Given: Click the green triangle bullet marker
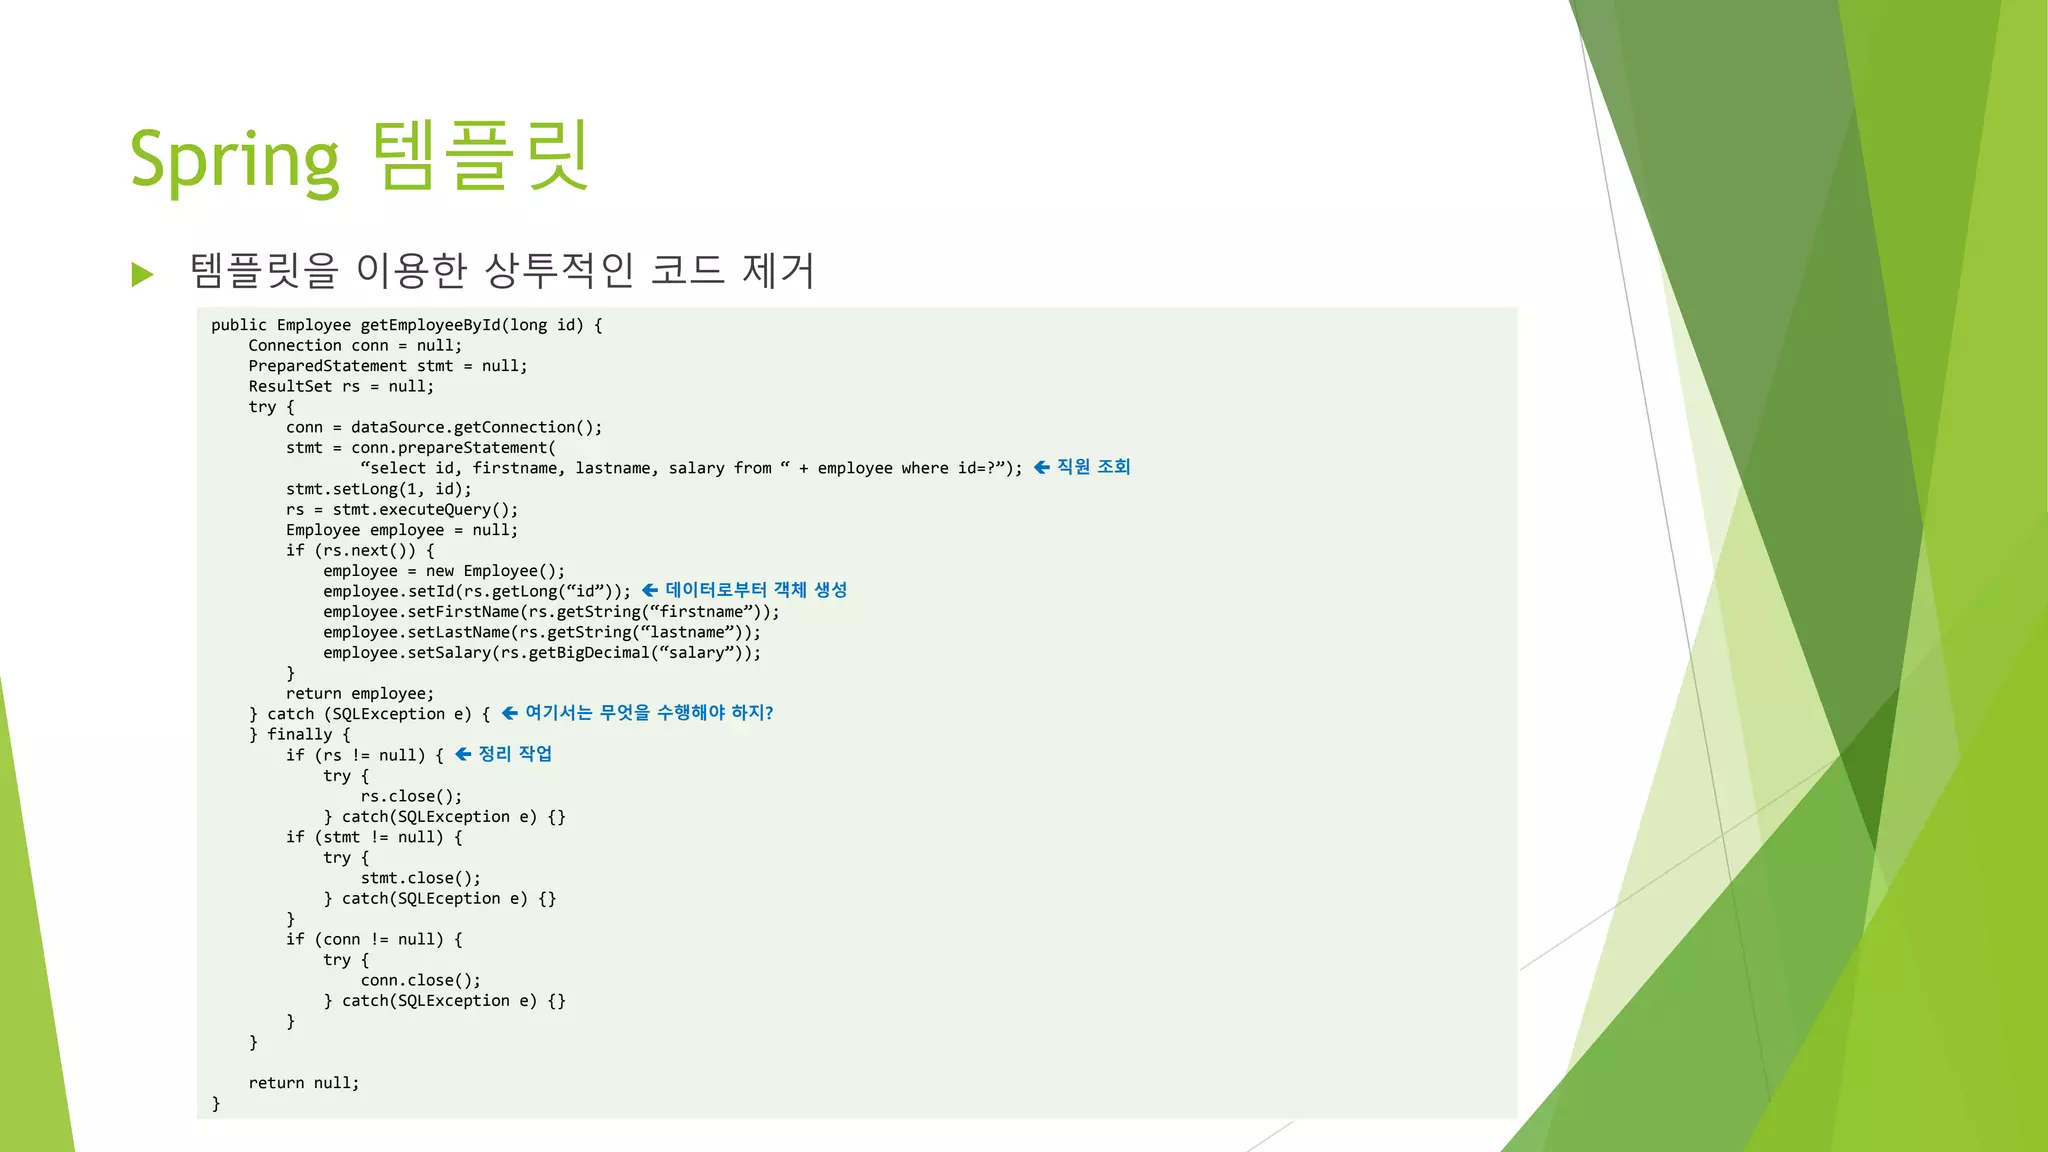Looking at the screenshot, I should point(143,274).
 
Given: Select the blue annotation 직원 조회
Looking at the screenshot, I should point(1093,467).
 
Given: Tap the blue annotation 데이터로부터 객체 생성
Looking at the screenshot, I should point(756,590).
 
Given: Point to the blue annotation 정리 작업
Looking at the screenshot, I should point(515,754).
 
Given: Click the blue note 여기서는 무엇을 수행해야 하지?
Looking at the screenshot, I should point(649,713).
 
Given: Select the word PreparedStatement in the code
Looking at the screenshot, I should point(327,366).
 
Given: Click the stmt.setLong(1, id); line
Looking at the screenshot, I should point(378,489).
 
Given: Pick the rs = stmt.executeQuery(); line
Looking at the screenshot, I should point(401,509).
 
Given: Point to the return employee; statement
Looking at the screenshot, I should point(360,693).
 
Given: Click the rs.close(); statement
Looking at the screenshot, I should point(411,796).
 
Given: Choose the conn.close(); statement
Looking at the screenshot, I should point(420,980).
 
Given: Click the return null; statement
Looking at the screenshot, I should point(303,1083).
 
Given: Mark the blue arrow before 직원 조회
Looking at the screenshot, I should point(1042,467).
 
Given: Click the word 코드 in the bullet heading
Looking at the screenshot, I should point(687,271).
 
